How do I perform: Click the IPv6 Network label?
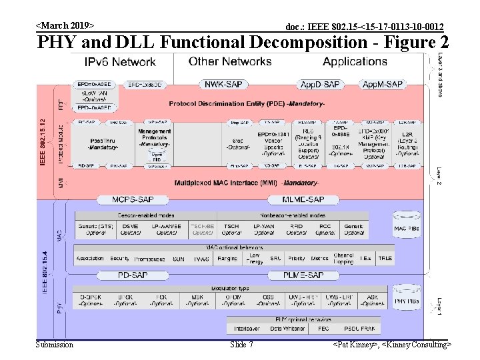point(120,62)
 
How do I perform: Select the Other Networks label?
point(230,61)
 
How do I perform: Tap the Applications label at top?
point(355,61)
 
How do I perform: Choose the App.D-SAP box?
point(319,84)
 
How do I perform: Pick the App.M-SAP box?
point(382,84)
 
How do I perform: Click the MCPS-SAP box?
point(133,199)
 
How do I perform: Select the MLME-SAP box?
point(303,199)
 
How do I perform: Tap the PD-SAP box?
point(133,275)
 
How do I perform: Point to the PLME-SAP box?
point(303,275)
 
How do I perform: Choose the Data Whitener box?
point(287,328)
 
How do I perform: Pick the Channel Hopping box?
point(344,257)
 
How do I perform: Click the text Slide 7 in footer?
point(241,345)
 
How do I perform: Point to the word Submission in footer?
point(55,345)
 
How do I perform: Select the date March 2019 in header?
point(65,25)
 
